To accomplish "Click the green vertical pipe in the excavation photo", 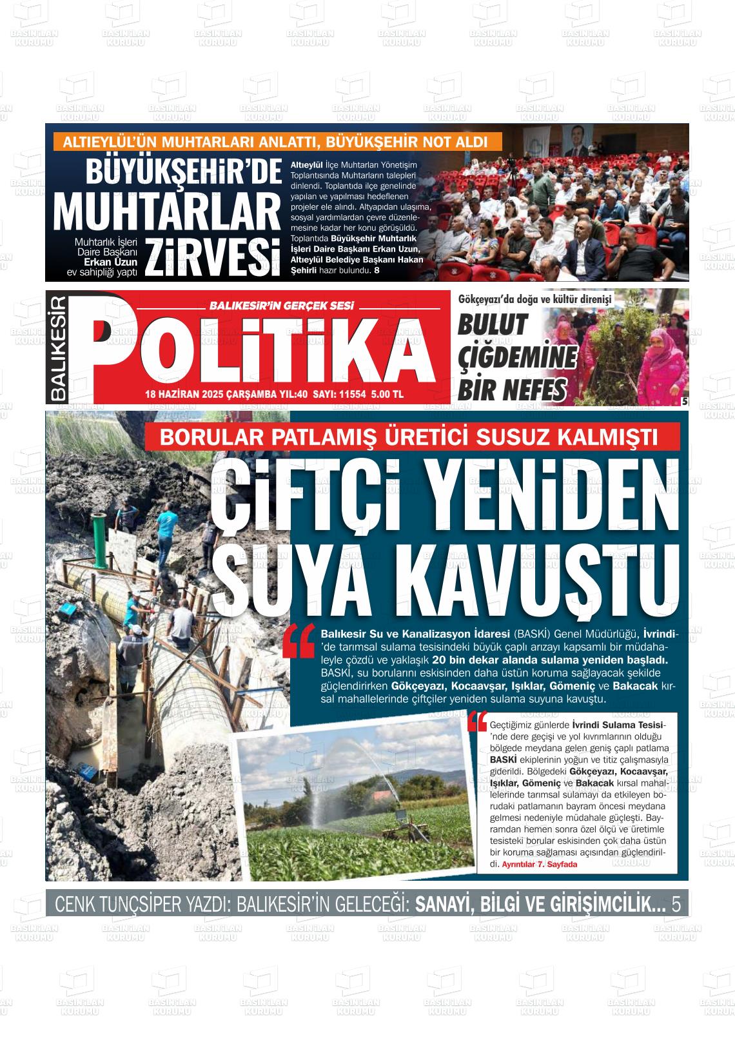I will (x=99, y=538).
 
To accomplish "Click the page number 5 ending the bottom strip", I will (x=676, y=905).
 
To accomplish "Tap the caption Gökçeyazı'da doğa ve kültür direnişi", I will (x=534, y=299).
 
